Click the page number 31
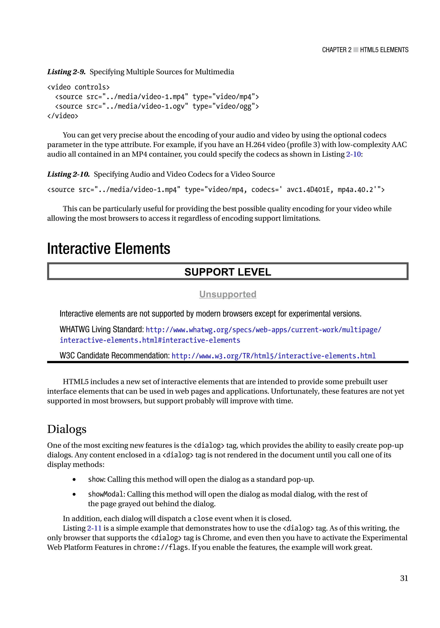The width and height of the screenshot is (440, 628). tap(404, 578)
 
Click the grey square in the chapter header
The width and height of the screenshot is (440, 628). tap(356, 50)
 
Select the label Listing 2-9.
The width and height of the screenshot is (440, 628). tap(66, 72)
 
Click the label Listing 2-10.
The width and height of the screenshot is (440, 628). tap(69, 174)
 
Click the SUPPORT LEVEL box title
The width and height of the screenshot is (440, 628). tap(228, 272)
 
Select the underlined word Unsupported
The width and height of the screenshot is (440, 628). tap(228, 294)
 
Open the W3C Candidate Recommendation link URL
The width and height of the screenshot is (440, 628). tap(273, 356)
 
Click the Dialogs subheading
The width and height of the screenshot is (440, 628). tap(67, 429)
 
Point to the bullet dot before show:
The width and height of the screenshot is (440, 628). tap(74, 479)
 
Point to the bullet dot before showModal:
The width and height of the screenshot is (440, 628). tap(74, 494)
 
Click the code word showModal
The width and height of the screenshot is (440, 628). tap(106, 494)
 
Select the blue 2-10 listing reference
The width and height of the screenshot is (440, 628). tap(353, 154)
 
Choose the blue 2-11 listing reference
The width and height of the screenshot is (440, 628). tap(94, 528)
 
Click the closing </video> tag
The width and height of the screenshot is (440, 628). tap(63, 116)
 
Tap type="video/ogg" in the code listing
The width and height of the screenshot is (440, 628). tap(225, 106)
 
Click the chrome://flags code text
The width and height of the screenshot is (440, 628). tap(160, 548)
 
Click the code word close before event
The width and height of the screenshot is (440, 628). tap(203, 519)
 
